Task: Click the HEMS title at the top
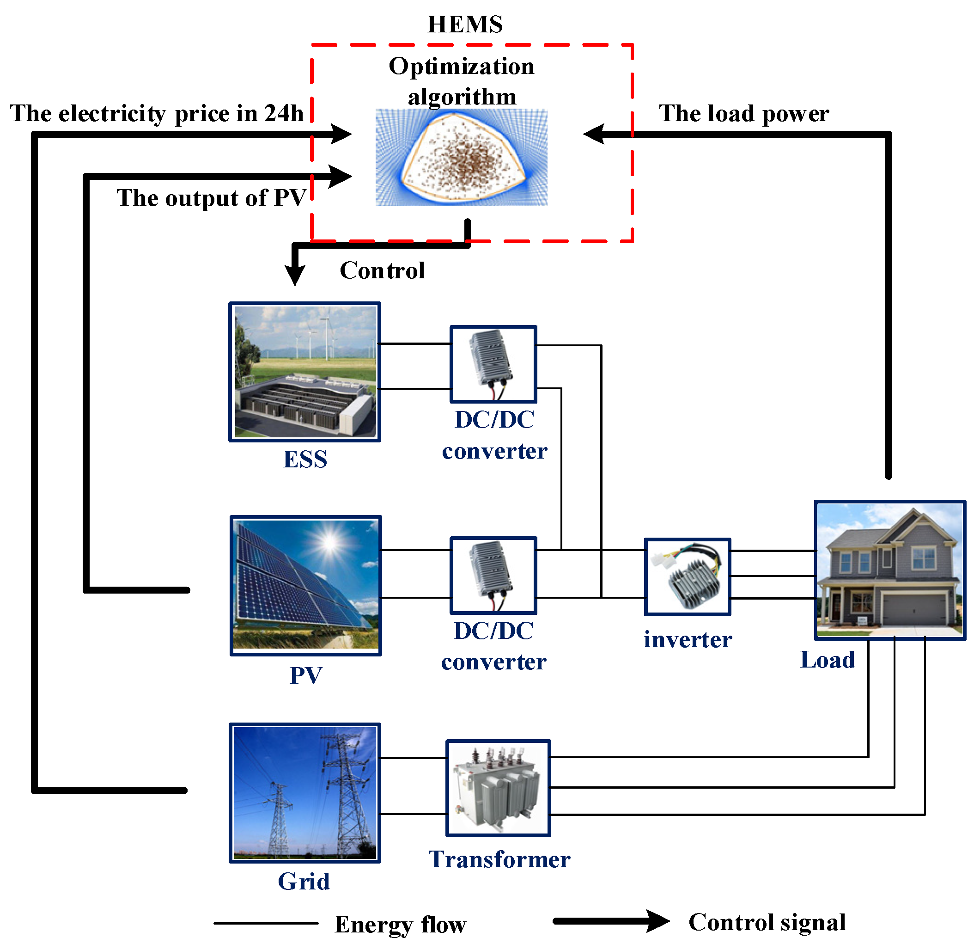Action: click(x=464, y=25)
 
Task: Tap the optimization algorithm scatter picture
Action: click(x=461, y=157)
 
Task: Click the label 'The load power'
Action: click(x=743, y=114)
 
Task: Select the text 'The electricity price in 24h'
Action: click(x=157, y=114)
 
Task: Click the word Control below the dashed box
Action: click(x=382, y=270)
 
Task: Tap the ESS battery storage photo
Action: click(x=304, y=372)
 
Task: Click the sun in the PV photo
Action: click(x=329, y=542)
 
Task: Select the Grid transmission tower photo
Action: click(x=304, y=793)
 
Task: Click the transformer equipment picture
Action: click(x=498, y=788)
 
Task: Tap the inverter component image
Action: click(x=688, y=577)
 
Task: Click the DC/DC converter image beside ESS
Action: click(x=493, y=364)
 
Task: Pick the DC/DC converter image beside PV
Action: click(x=493, y=575)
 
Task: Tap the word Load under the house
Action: click(x=828, y=660)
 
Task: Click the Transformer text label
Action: click(x=499, y=860)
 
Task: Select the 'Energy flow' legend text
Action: click(x=400, y=925)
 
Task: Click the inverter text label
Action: click(x=688, y=640)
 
